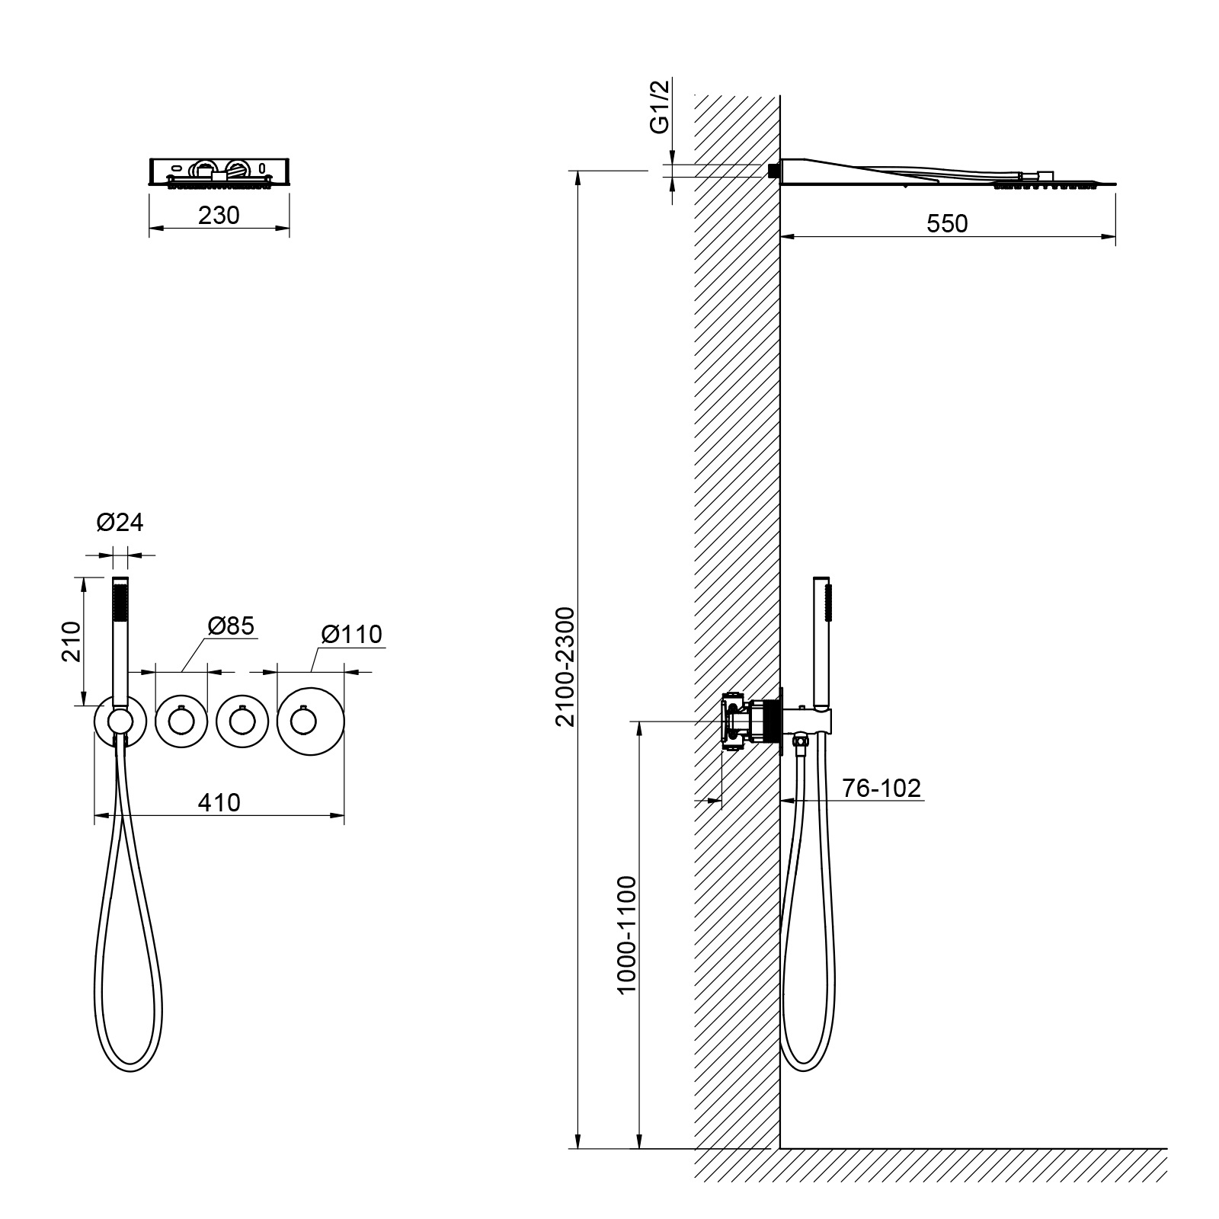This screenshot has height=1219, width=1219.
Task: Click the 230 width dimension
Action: (219, 216)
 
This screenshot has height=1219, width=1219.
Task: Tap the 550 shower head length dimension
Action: (947, 223)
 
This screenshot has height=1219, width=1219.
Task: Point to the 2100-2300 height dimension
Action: (565, 666)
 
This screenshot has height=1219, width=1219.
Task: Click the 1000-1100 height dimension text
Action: (626, 935)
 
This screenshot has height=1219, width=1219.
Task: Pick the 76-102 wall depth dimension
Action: (882, 788)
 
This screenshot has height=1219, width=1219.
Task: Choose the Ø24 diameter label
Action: (120, 523)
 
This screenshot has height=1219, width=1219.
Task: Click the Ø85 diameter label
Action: (231, 625)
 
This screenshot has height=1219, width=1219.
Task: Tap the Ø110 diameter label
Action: (351, 634)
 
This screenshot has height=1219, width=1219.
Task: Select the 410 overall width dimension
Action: (219, 802)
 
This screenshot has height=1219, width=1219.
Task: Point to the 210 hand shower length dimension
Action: (70, 641)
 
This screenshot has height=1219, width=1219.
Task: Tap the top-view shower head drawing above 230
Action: (219, 172)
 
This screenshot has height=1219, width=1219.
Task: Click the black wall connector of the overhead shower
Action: (773, 171)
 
